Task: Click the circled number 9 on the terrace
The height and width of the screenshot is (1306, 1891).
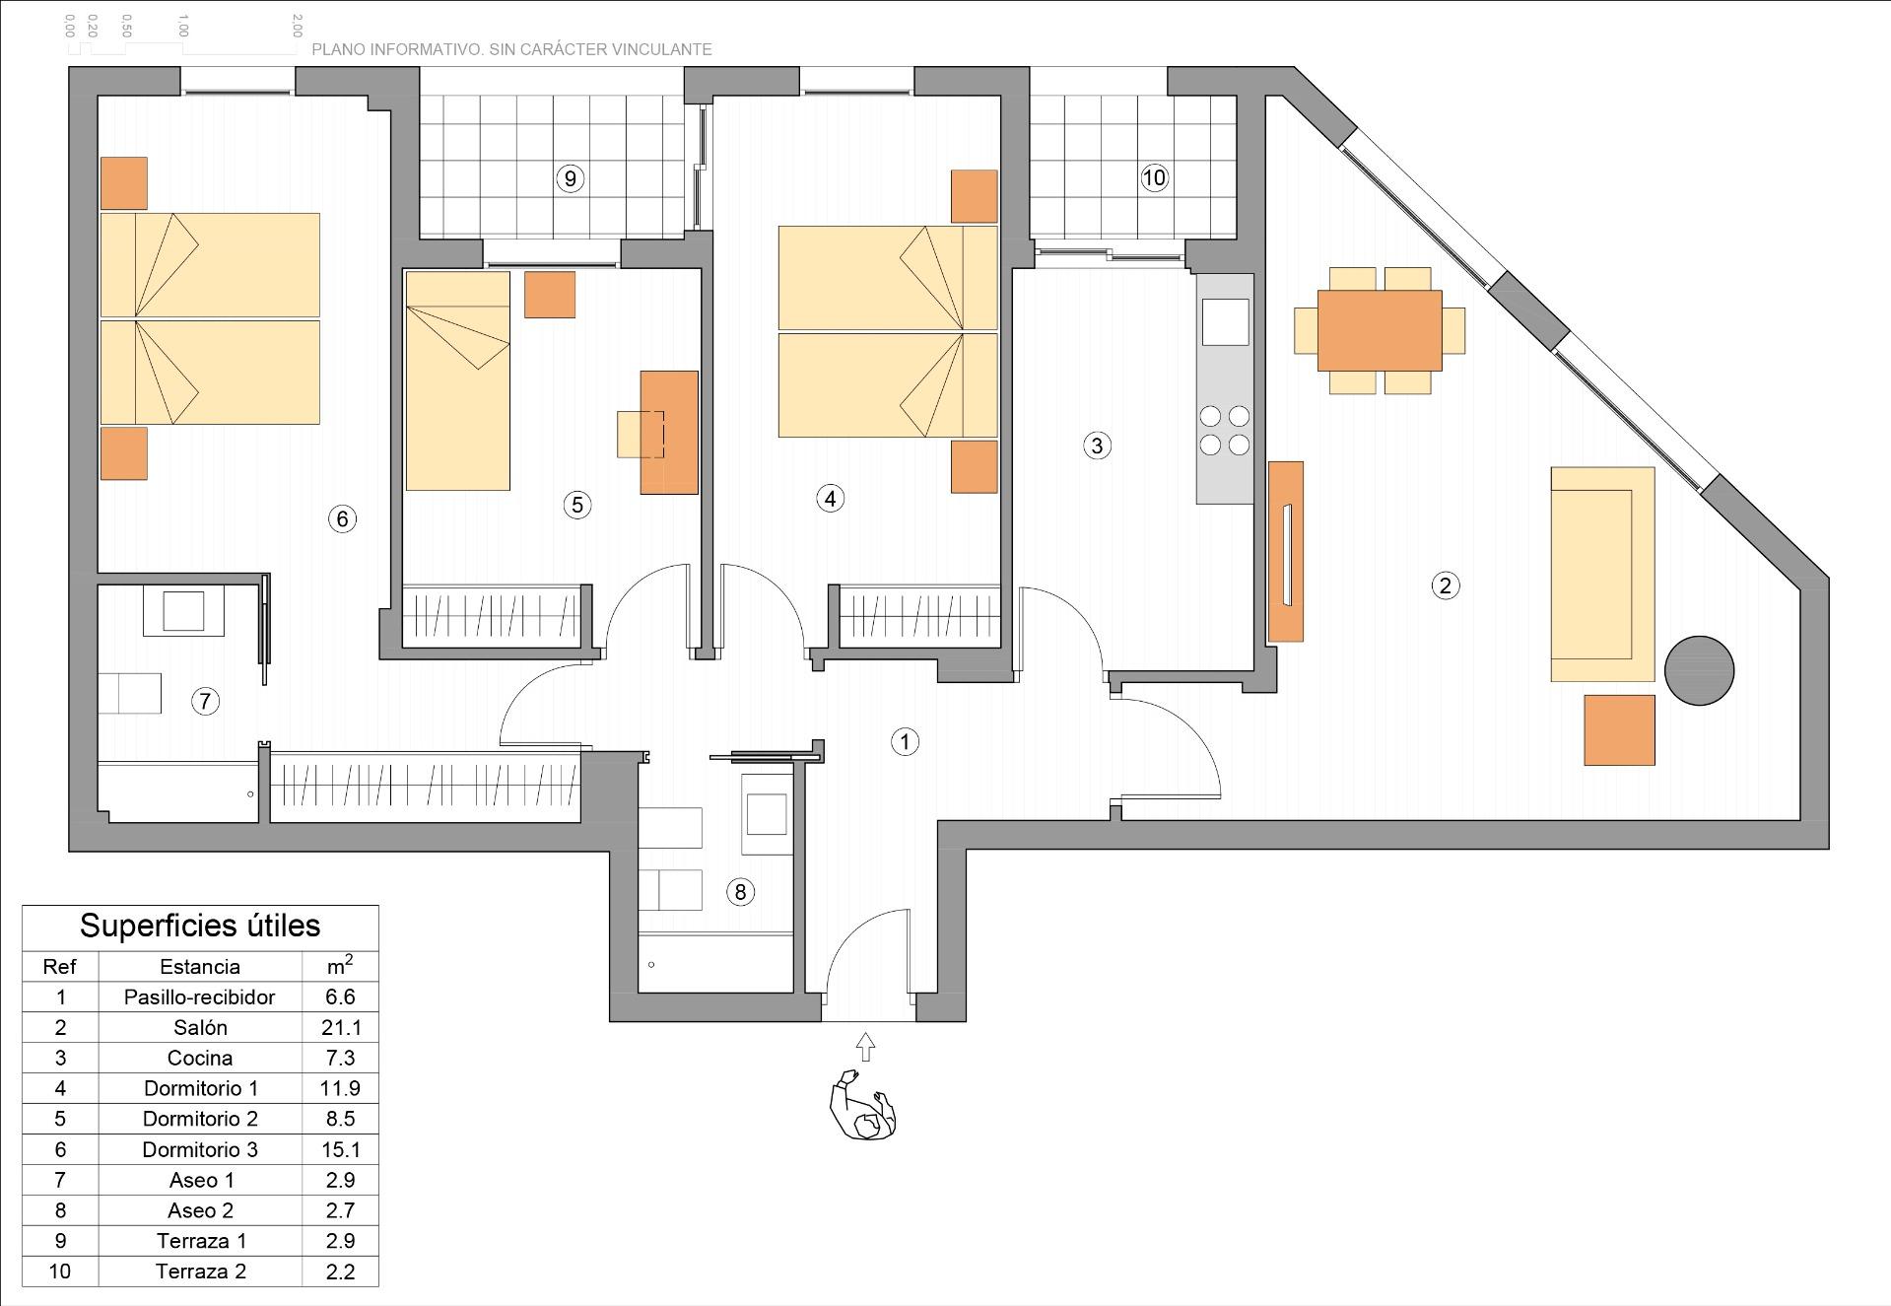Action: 570,178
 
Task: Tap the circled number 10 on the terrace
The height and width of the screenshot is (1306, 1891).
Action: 1154,177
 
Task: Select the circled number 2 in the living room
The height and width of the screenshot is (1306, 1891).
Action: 1445,585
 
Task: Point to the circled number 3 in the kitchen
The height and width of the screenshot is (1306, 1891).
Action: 1097,446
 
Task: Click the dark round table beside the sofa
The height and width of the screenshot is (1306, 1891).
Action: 1699,670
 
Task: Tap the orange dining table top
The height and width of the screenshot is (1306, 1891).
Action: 1380,330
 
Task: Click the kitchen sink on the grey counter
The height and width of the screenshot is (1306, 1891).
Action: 1225,321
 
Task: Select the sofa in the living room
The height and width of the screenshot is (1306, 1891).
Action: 1602,575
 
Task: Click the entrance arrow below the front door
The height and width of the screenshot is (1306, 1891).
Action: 865,1047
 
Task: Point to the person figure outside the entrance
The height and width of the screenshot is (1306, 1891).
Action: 864,1106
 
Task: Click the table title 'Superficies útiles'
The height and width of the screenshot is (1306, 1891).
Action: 200,926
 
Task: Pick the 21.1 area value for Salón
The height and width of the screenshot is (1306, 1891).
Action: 341,1027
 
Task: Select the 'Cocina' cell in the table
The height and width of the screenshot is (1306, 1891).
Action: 200,1058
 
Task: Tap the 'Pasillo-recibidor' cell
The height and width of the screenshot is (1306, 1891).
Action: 200,997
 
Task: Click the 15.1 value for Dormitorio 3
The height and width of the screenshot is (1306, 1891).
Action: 341,1149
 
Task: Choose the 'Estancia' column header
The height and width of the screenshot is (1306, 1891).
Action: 200,966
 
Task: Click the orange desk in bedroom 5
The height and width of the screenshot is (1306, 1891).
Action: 669,433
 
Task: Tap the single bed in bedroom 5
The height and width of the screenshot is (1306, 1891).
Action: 458,380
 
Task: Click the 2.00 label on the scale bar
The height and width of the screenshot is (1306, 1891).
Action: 297,26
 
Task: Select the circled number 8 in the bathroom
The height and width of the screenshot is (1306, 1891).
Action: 740,892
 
